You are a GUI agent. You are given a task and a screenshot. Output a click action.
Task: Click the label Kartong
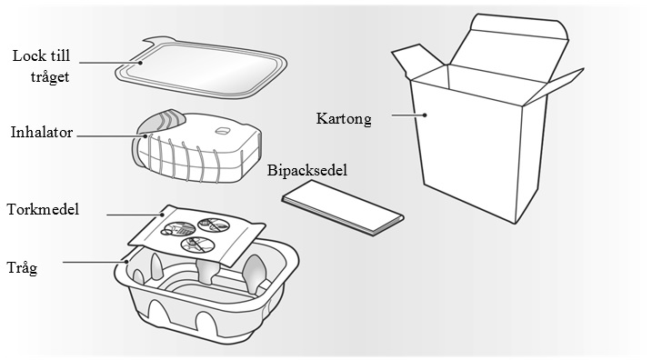click(x=344, y=119)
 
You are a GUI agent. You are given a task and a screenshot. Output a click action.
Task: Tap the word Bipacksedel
click(x=306, y=170)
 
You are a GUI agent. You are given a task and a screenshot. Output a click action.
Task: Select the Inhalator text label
click(x=42, y=133)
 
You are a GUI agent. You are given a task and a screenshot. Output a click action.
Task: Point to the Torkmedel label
click(x=43, y=209)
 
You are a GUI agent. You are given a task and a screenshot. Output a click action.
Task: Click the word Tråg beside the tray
click(x=22, y=267)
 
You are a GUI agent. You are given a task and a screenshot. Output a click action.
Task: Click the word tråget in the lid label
click(x=50, y=77)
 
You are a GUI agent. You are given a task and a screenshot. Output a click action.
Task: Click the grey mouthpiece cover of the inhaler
click(x=160, y=121)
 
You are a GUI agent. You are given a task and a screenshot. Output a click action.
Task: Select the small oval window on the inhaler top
click(x=223, y=131)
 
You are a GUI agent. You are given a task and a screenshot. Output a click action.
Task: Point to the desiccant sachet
click(x=196, y=235)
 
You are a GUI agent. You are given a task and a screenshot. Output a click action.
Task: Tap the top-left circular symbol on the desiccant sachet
click(x=178, y=230)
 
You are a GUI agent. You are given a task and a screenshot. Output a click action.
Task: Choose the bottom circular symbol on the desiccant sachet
click(x=198, y=244)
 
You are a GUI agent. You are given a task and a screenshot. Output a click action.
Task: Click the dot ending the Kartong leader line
click(x=426, y=115)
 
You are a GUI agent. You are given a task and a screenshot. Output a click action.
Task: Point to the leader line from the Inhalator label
click(x=112, y=135)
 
